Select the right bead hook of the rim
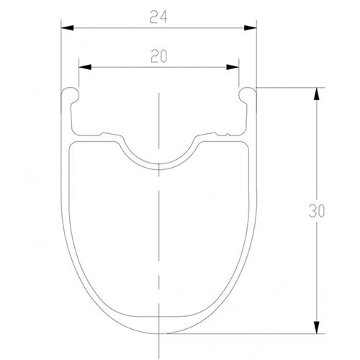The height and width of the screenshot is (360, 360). [x=247, y=94]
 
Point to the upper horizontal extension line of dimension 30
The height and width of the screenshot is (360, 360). [x=288, y=88]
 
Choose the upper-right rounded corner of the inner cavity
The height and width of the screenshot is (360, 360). [x=244, y=147]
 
